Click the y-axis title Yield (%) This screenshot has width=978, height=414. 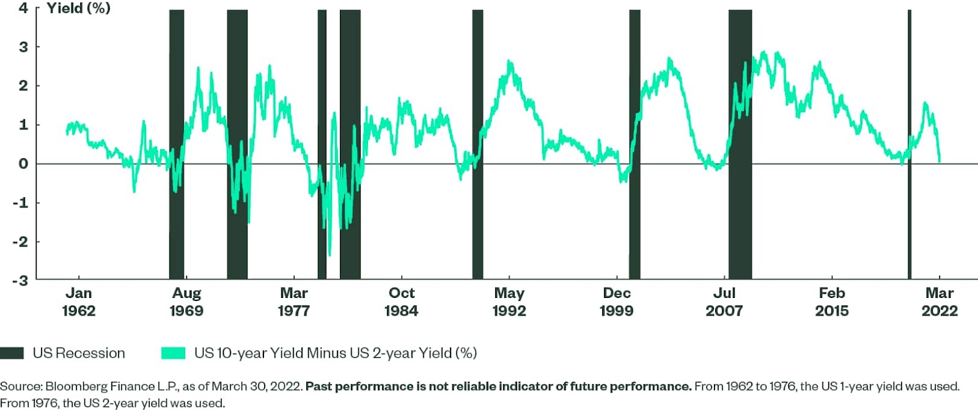click(78, 8)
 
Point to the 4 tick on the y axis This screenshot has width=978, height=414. click(23, 8)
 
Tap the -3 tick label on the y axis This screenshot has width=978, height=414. click(21, 280)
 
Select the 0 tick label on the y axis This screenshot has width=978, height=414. click(23, 164)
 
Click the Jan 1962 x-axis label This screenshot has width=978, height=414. click(78, 302)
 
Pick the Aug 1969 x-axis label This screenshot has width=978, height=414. click(186, 302)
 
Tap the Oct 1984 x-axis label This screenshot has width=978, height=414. click(401, 302)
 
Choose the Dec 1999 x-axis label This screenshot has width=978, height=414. click(616, 302)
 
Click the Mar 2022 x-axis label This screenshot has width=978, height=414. click(939, 302)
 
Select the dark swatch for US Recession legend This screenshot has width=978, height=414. click(12, 353)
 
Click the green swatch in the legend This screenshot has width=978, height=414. click(173, 353)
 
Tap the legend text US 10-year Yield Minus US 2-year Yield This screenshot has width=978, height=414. click(335, 353)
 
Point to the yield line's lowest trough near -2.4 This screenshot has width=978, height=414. click(329, 255)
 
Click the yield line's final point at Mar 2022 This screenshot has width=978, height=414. click(939, 162)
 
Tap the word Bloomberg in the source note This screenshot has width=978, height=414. click(76, 387)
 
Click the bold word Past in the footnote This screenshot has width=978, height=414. click(318, 387)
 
